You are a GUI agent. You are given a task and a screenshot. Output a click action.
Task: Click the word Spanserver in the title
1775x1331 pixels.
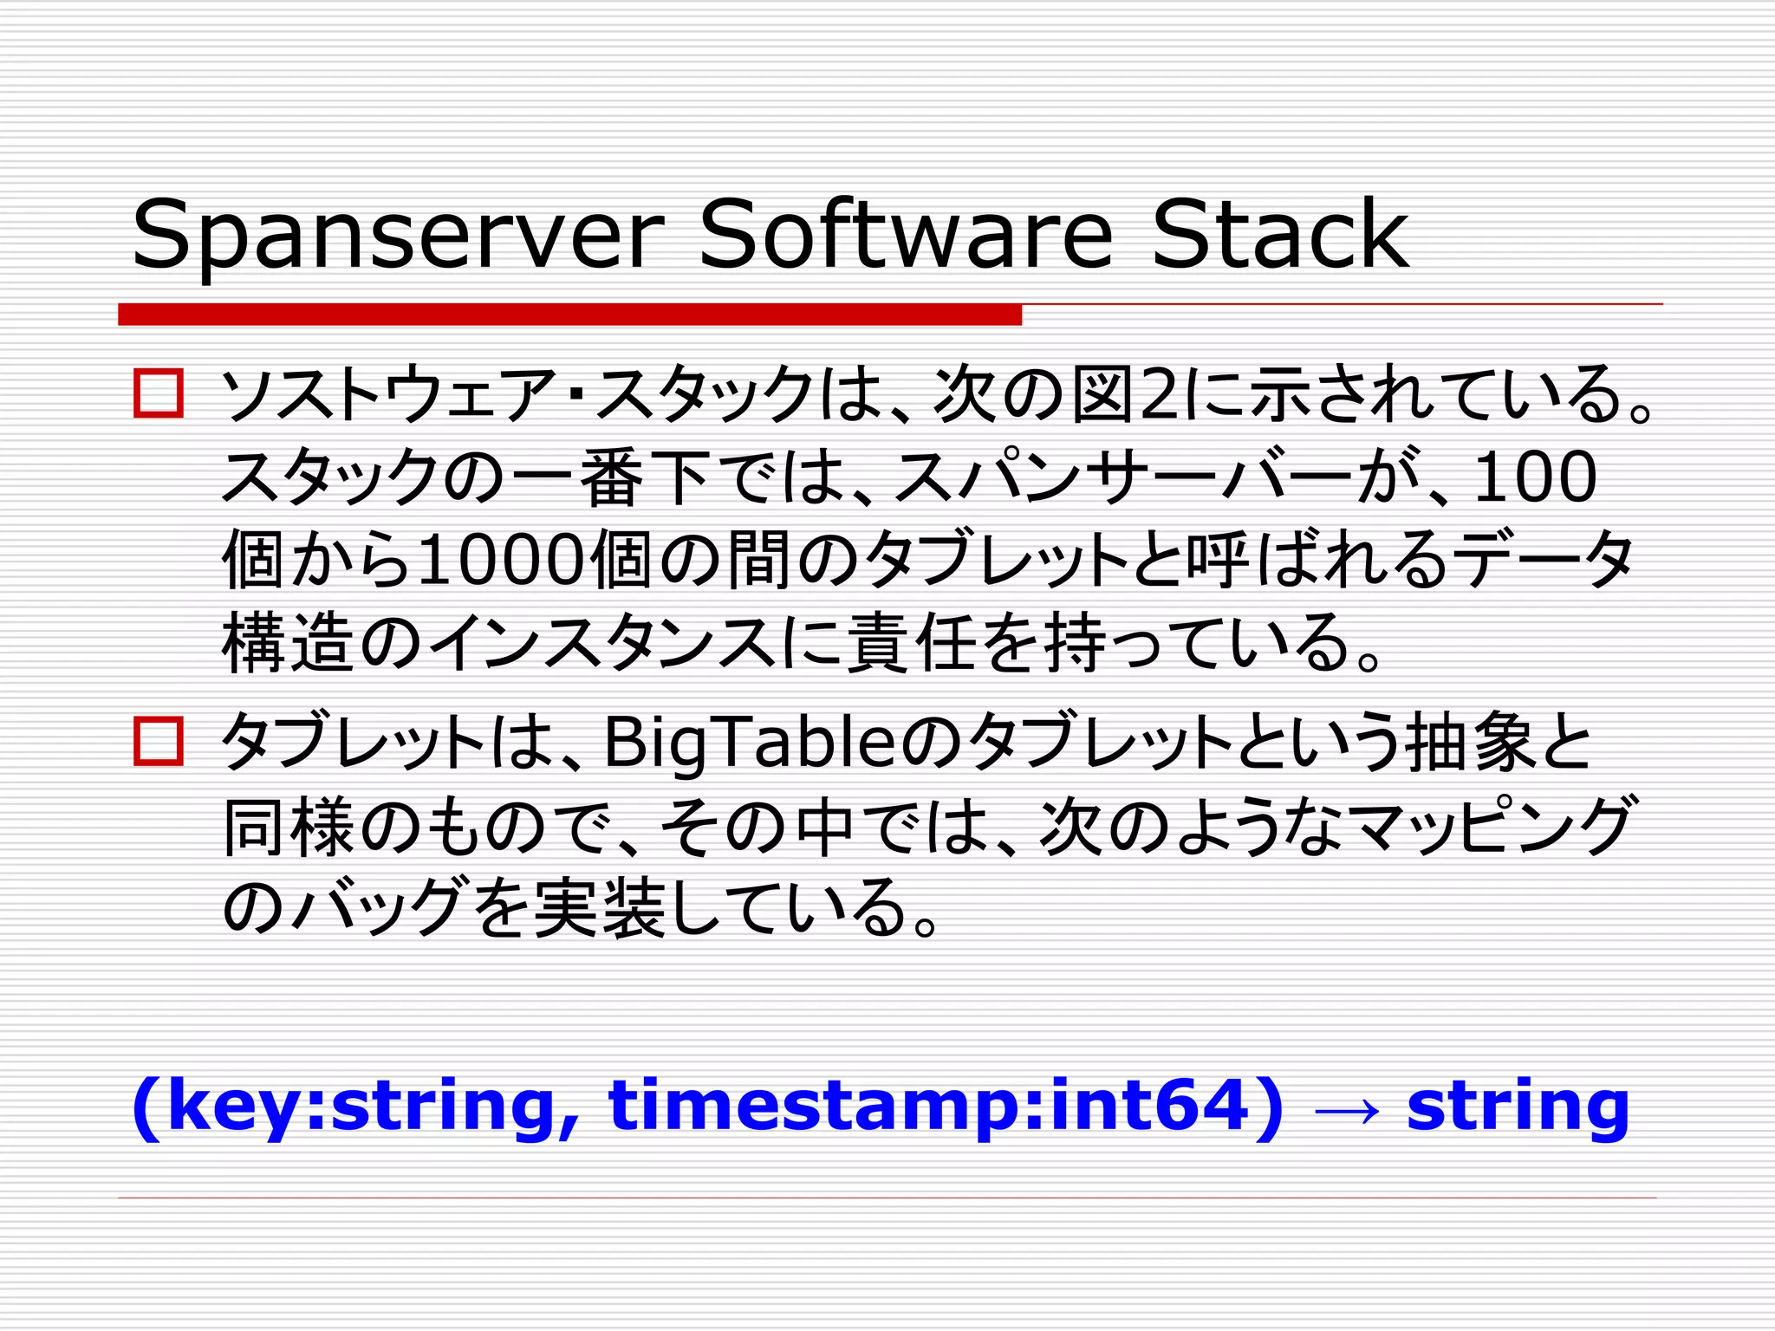point(397,236)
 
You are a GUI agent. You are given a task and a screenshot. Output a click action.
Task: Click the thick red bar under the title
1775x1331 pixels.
point(569,315)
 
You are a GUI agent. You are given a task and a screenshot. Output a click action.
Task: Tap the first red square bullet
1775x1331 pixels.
point(159,394)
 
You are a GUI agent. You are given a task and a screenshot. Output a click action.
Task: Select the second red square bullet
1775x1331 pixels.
point(159,742)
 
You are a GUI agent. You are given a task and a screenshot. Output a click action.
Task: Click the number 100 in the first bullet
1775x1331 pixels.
point(1534,477)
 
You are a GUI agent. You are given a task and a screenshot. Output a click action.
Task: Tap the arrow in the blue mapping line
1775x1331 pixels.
point(1346,1110)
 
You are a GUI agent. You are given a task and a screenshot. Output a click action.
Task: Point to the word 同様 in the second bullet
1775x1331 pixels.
point(289,828)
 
